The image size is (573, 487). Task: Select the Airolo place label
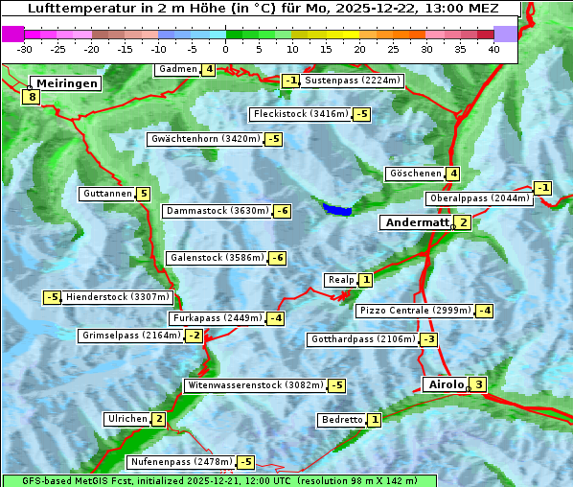(x=445, y=384)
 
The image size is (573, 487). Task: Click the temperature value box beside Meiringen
(x=33, y=97)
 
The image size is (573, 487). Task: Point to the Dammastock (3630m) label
(x=217, y=211)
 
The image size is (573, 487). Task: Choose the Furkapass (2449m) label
(x=217, y=318)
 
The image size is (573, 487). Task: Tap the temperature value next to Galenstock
(x=278, y=258)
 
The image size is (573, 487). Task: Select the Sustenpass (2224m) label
(x=353, y=81)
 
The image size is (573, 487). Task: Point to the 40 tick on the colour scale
(x=493, y=48)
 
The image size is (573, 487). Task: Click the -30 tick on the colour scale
(x=25, y=48)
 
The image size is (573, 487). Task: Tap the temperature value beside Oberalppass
(x=543, y=187)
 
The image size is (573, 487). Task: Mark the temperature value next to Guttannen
(x=144, y=194)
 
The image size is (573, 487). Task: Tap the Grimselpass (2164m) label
(x=130, y=336)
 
